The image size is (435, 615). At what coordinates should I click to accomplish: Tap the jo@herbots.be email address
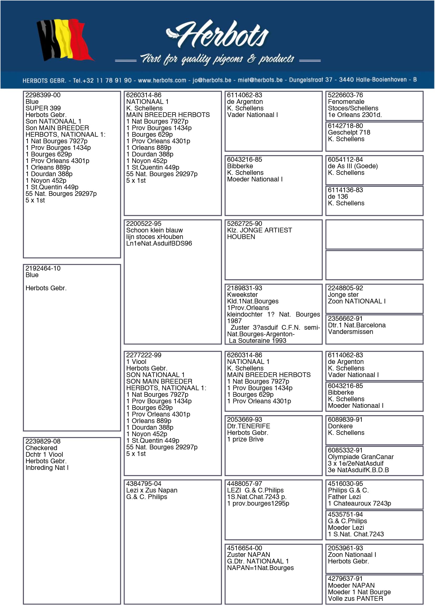click(212, 80)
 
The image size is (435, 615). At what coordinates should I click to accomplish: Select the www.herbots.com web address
click(162, 80)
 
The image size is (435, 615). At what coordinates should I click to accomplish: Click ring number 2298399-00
click(43, 95)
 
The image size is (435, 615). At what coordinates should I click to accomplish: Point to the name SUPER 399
click(43, 108)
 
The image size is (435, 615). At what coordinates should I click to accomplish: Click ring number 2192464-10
click(43, 268)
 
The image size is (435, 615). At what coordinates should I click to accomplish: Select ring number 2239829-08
click(43, 441)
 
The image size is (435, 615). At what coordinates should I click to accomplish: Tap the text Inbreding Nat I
click(47, 468)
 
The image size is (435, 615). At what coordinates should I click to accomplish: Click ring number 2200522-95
click(144, 224)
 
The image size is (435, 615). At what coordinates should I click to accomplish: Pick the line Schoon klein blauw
click(154, 230)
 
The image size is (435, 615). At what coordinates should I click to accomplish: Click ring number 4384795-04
click(144, 484)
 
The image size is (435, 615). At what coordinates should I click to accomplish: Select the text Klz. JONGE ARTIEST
click(259, 230)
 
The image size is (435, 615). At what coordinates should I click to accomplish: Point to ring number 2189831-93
click(244, 288)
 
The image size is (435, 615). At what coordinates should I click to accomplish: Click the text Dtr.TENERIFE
click(248, 426)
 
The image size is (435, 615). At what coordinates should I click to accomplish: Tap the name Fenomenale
click(346, 102)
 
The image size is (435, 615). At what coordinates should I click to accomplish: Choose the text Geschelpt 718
click(349, 133)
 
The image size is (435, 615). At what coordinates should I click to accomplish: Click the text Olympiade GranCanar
click(361, 457)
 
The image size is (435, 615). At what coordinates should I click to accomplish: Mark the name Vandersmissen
click(350, 332)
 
